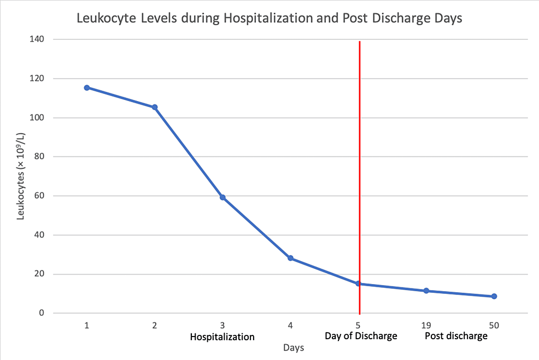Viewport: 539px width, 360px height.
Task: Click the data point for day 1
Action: coord(87,87)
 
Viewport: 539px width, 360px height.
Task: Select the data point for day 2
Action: coord(155,107)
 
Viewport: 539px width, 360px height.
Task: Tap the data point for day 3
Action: coord(222,197)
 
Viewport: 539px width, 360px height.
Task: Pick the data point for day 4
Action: coord(290,258)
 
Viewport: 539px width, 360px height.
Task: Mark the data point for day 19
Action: coord(426,291)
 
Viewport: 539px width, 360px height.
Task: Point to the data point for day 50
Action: coord(494,296)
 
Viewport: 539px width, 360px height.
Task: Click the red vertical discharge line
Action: coord(359,164)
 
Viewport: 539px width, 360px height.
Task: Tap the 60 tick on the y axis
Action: coord(39,196)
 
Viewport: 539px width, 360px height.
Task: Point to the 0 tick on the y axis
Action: coord(42,313)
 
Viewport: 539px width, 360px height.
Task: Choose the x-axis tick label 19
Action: coord(426,325)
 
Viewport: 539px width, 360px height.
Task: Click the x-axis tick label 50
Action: coord(494,325)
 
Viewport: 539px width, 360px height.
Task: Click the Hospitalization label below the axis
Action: coord(222,337)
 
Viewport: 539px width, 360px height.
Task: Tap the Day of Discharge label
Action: coord(361,335)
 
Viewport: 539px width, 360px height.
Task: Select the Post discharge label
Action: coord(456,336)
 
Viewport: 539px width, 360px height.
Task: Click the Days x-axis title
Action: coord(294,347)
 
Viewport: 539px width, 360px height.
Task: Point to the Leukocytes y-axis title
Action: coord(21,176)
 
